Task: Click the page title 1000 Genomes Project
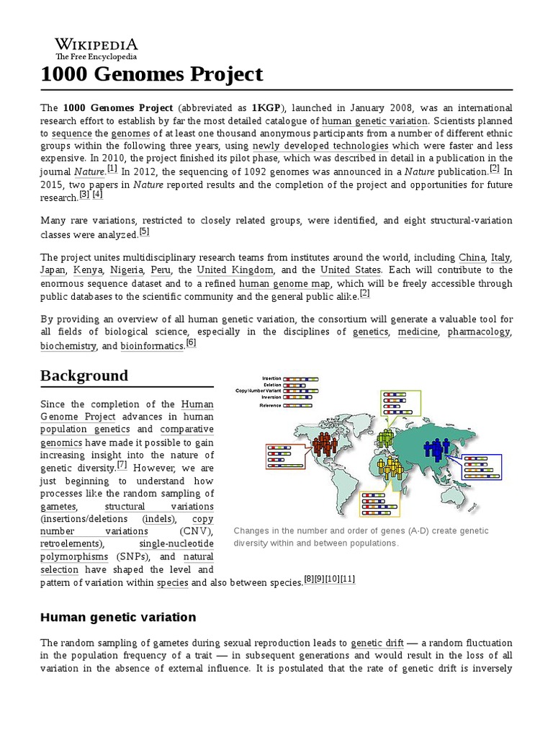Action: [x=152, y=74]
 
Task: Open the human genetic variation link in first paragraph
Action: [x=374, y=120]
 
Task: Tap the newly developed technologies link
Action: [x=320, y=146]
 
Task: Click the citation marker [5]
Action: [x=144, y=232]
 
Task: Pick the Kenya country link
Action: [x=86, y=270]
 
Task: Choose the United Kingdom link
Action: [x=235, y=270]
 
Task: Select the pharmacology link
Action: [x=480, y=332]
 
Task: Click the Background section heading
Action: [x=84, y=375]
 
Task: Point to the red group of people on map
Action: [x=325, y=444]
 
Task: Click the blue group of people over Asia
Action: [x=436, y=450]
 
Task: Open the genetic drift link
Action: [x=376, y=642]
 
